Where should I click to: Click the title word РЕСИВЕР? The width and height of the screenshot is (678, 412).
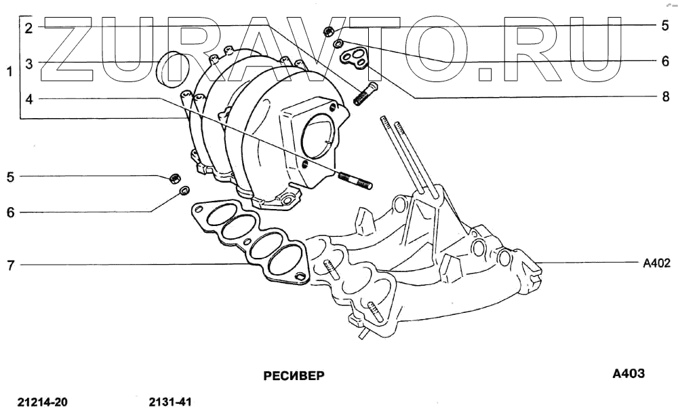point(294,375)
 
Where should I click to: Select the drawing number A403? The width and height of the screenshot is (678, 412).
point(628,374)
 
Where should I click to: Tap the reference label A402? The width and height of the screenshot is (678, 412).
point(656,263)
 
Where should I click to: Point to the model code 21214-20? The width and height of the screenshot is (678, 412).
point(43,402)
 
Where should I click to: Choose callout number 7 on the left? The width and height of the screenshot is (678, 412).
point(10,265)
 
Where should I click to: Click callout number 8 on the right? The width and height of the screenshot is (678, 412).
point(665,97)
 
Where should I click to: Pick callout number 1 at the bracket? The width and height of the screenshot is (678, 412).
point(9,71)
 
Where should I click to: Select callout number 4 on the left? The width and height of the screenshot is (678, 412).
point(28,99)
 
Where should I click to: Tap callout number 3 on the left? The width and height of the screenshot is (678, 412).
point(28,64)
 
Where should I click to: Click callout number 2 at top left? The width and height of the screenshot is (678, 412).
point(28,28)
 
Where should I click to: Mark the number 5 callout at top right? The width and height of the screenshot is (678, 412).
point(665,26)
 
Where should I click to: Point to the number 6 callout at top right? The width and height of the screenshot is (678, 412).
point(665,61)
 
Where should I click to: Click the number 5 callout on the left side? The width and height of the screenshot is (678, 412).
point(10,177)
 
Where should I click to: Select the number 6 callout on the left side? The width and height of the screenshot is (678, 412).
point(10,212)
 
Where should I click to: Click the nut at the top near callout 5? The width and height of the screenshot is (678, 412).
point(328,31)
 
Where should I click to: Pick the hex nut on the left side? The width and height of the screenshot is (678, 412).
point(173,179)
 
